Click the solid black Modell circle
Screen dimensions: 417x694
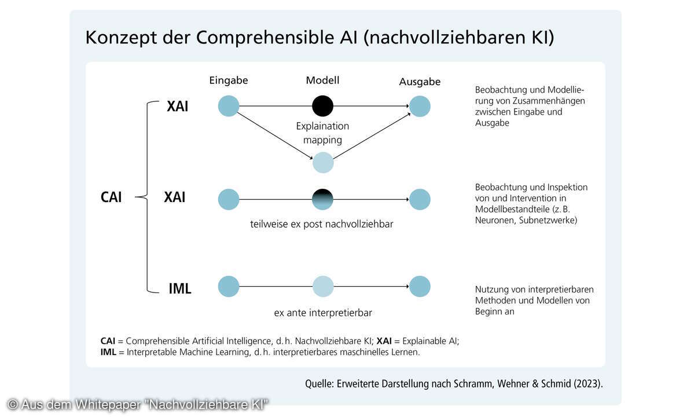pos(322,106)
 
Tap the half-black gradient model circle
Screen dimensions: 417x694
pos(322,199)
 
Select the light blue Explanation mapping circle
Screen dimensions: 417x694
pos(323,163)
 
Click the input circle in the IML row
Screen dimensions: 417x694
pos(229,287)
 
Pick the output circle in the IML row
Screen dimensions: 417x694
pos(420,287)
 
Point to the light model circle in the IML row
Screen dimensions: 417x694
pos(323,287)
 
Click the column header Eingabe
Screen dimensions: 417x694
pos(229,81)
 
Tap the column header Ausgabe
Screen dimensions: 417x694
pos(420,82)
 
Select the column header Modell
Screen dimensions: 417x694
pos(322,80)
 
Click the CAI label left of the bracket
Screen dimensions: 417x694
pos(111,197)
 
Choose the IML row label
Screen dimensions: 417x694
pos(179,288)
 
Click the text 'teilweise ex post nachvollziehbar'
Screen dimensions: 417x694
pos(321,224)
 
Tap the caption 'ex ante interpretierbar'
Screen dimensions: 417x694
pos(323,313)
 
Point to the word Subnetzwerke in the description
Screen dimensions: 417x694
pos(547,220)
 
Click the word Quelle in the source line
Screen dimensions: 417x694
pos(319,383)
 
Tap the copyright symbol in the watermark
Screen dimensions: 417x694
pos(13,404)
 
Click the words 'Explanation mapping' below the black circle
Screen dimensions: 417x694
pos(322,133)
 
